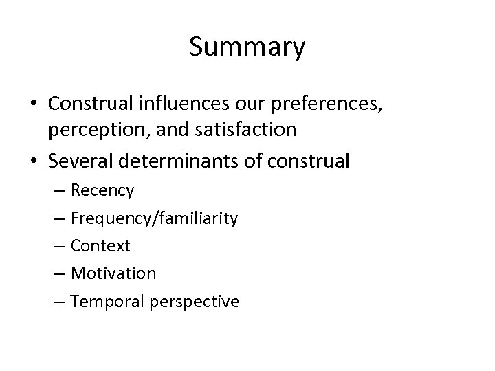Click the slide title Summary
247,47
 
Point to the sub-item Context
100,245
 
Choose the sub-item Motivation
113,273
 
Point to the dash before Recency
59,190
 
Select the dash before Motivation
59,273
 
